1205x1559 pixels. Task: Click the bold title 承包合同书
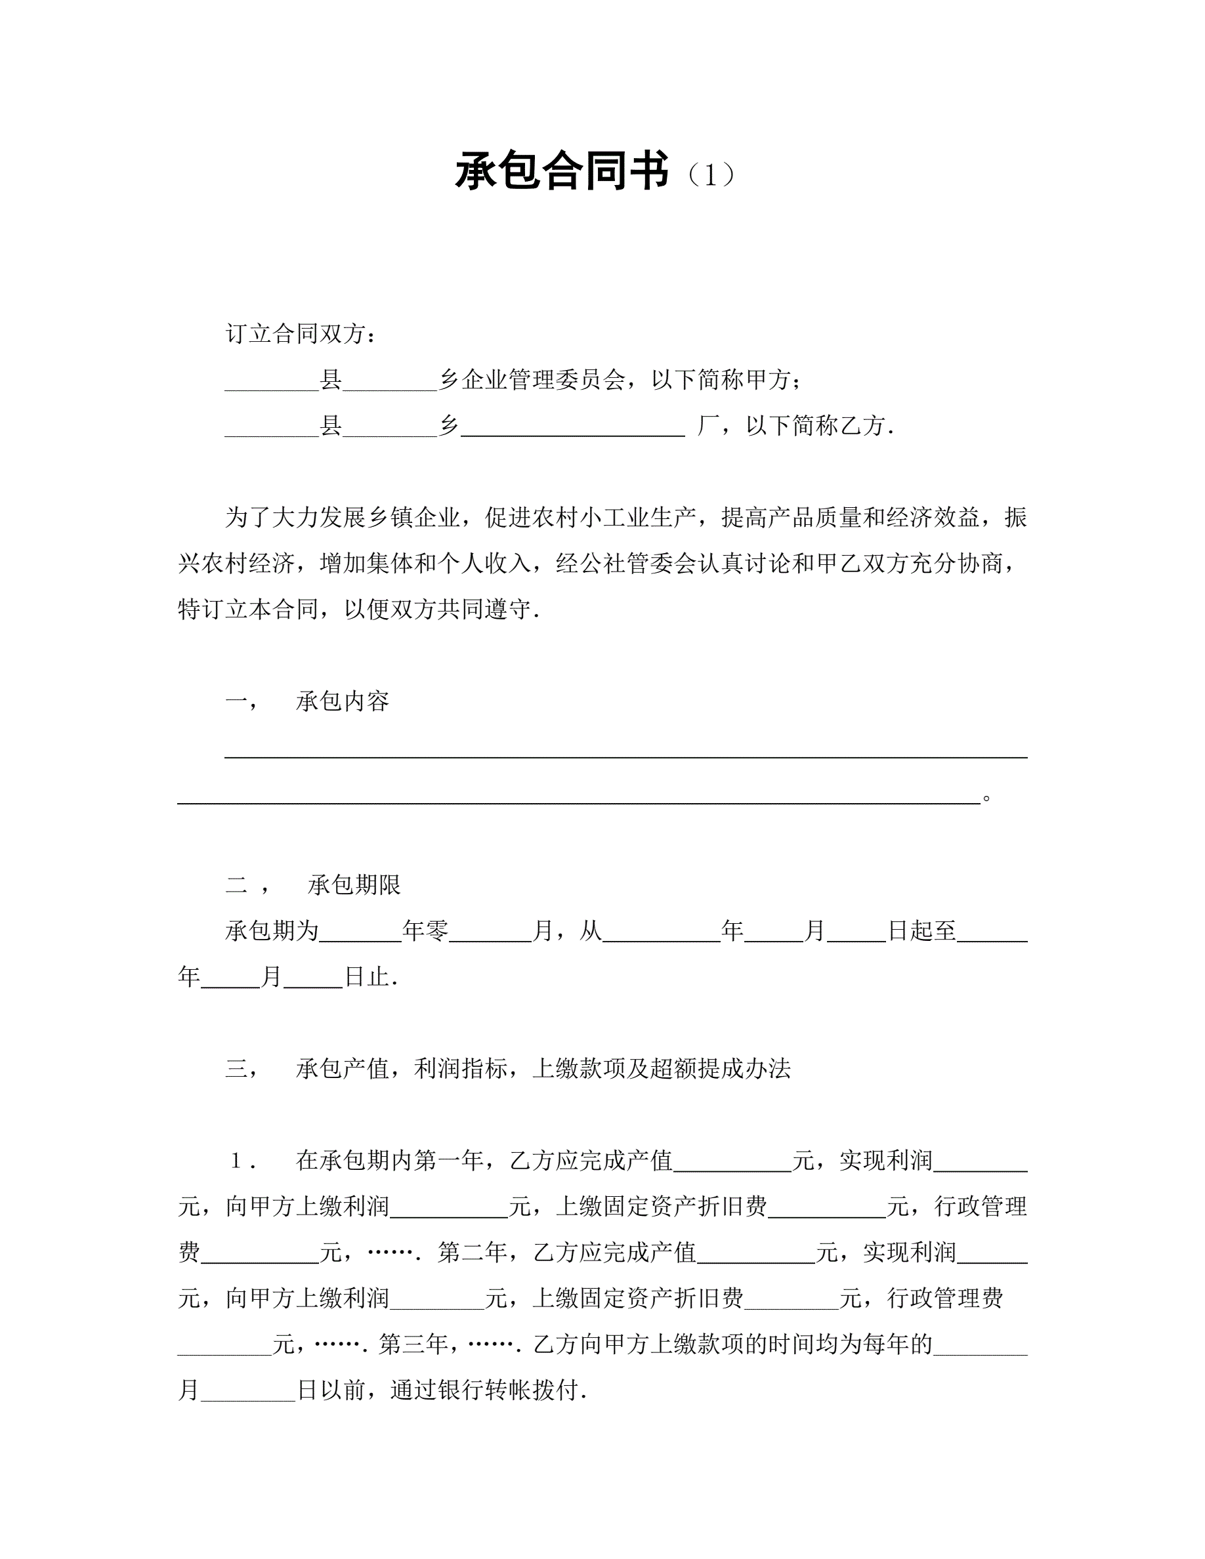[x=562, y=172]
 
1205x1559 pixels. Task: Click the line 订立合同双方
[x=301, y=333]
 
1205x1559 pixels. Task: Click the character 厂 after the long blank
[x=708, y=426]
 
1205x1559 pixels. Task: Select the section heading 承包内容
[x=343, y=701]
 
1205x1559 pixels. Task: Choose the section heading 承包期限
[x=355, y=885]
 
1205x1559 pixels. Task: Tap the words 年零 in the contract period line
[x=425, y=931]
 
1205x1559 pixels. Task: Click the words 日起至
[x=921, y=931]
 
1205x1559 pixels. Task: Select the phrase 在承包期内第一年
[x=390, y=1161]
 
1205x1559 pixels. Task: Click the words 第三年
[x=413, y=1344]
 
